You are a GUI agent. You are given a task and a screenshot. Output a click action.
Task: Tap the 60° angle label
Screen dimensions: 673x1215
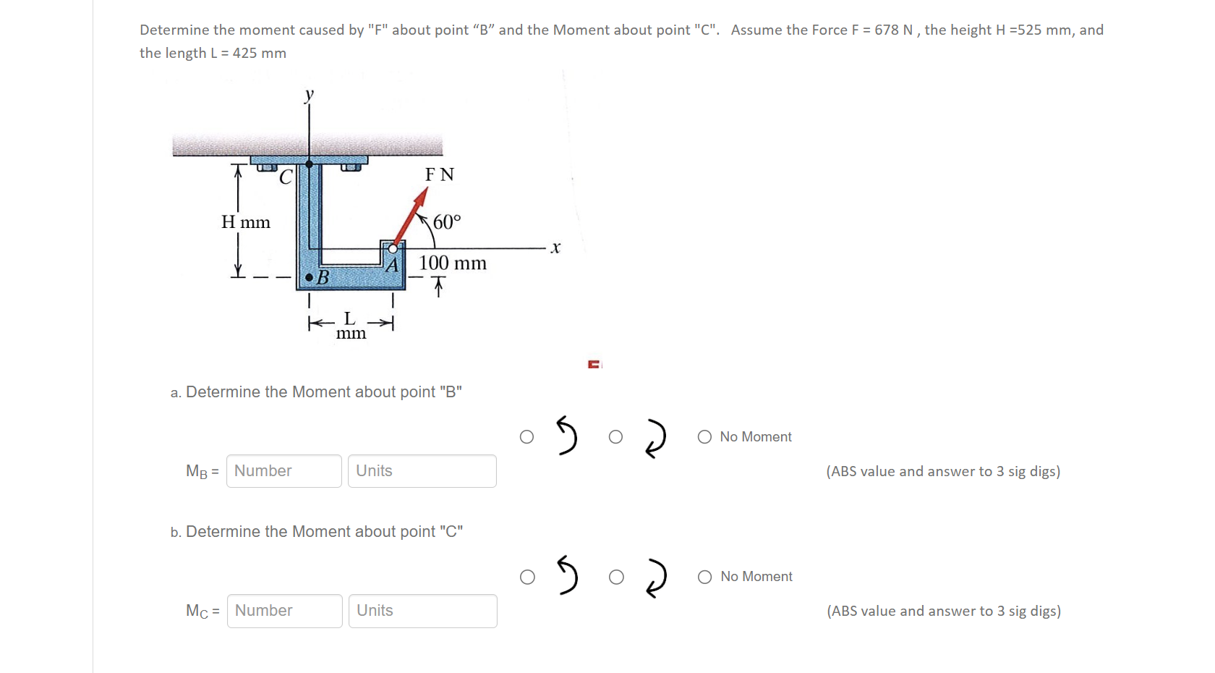[x=447, y=221]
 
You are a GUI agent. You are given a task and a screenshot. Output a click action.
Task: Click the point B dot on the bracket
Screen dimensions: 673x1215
[x=310, y=277]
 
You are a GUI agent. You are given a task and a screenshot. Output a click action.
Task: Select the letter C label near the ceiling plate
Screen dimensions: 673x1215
[x=286, y=177]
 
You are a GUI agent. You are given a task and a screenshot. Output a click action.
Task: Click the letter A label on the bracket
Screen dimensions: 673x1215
[x=392, y=266]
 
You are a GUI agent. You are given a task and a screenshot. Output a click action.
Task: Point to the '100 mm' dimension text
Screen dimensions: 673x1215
[x=453, y=263]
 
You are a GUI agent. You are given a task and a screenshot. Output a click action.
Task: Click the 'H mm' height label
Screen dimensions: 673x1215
[x=246, y=222]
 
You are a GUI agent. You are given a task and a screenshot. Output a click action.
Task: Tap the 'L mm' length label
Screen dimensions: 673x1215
[x=351, y=326]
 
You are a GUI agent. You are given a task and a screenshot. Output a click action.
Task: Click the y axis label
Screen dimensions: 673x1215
[x=310, y=94]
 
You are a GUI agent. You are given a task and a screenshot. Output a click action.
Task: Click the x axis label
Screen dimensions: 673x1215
[x=555, y=247]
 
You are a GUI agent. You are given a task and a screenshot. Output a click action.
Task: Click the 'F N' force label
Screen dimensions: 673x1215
[x=440, y=174]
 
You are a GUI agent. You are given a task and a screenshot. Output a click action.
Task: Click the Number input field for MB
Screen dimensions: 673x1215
[x=283, y=471]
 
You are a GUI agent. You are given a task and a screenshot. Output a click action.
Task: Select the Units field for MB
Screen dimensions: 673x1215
[x=422, y=471]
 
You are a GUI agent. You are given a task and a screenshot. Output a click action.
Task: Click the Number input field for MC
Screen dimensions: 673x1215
[x=284, y=611]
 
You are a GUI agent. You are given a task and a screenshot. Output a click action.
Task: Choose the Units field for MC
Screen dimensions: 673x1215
[x=422, y=611]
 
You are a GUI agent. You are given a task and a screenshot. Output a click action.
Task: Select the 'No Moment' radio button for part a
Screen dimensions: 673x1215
[x=704, y=437]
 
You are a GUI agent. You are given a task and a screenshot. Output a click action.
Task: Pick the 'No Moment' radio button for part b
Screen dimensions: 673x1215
[x=705, y=577]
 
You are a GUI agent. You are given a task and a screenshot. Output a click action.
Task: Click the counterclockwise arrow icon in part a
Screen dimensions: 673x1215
[x=567, y=436]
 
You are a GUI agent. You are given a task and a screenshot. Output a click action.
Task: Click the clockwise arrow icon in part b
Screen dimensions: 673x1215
[x=655, y=577]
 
